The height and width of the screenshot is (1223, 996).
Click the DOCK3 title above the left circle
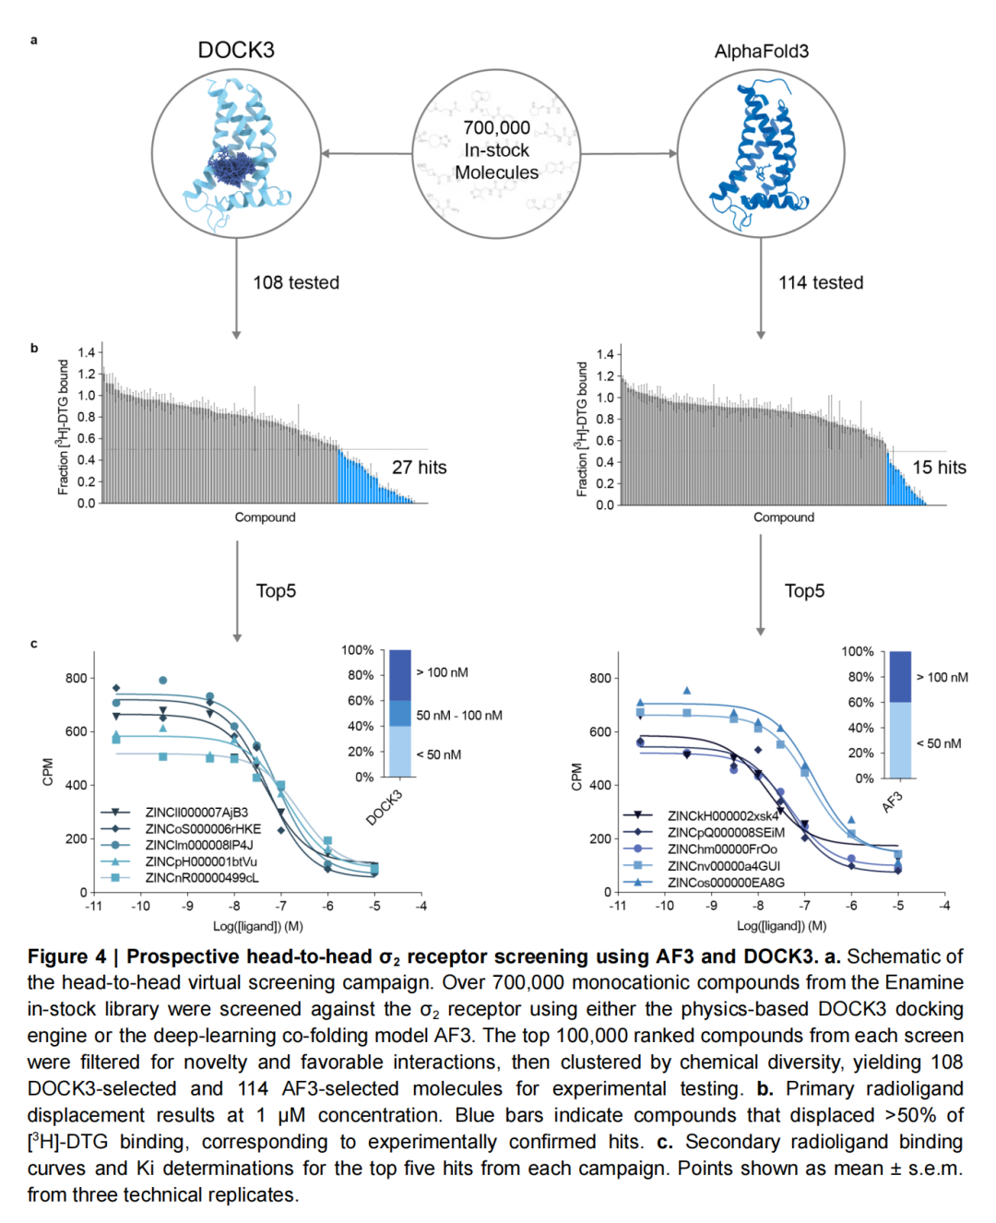236,50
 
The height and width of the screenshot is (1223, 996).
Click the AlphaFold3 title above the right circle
761,52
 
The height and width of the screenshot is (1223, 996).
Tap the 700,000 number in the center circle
496,128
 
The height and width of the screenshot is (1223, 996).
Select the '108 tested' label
296,283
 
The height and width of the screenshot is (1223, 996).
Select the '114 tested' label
821,283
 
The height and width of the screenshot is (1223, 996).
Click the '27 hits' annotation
419,468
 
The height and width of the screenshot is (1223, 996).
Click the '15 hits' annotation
939,468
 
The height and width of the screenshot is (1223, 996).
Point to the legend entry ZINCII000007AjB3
196,813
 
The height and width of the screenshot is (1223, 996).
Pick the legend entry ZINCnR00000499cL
201,878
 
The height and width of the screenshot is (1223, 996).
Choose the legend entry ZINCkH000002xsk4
722,816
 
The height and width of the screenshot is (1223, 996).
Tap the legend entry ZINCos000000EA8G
725,883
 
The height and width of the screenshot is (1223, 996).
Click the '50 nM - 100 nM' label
458,716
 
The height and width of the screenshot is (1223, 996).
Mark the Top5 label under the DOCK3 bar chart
276,591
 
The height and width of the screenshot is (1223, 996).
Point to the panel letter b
34,349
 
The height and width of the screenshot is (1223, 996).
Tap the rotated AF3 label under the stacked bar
892,801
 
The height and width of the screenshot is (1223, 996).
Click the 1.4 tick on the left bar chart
86,352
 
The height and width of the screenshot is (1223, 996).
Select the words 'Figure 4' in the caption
66,956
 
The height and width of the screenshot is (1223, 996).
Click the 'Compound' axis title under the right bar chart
783,517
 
